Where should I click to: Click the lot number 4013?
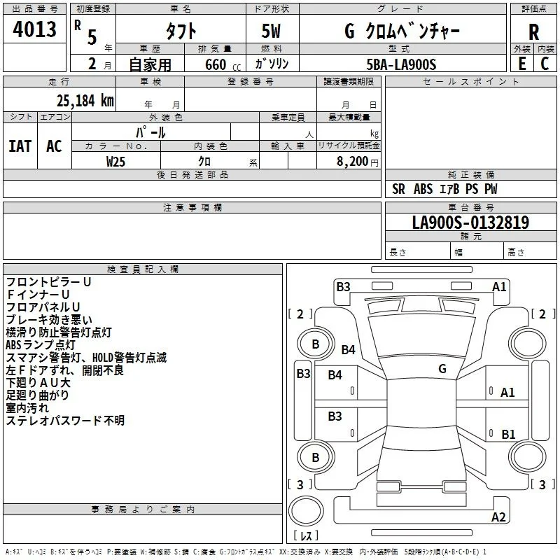pyautogui.click(x=34, y=29)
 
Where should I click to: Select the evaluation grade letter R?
pyautogui.click(x=533, y=32)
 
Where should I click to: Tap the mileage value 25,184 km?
pyautogui.click(x=85, y=101)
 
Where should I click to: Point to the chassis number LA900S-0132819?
pyautogui.click(x=470, y=222)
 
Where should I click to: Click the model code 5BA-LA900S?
pyautogui.click(x=401, y=64)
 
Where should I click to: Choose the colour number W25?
pyautogui.click(x=115, y=162)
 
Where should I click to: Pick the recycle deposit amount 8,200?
pyautogui.click(x=352, y=162)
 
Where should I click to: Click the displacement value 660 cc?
pyautogui.click(x=223, y=64)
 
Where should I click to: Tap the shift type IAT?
pyautogui.click(x=20, y=146)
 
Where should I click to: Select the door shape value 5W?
pyautogui.click(x=271, y=31)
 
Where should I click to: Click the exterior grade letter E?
pyautogui.click(x=521, y=64)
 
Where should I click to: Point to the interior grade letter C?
pyautogui.click(x=545, y=64)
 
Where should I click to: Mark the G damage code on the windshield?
pyautogui.click(x=442, y=368)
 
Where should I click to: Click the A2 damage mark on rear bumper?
pyautogui.click(x=498, y=517)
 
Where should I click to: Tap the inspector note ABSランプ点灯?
pyautogui.click(x=41, y=344)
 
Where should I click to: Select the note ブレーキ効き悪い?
pyautogui.click(x=49, y=319)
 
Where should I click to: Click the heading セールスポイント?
pyautogui.click(x=470, y=81)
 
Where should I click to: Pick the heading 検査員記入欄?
pyautogui.click(x=143, y=269)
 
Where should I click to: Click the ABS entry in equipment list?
pyautogui.click(x=423, y=189)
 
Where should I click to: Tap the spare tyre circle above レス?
pyautogui.click(x=306, y=511)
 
